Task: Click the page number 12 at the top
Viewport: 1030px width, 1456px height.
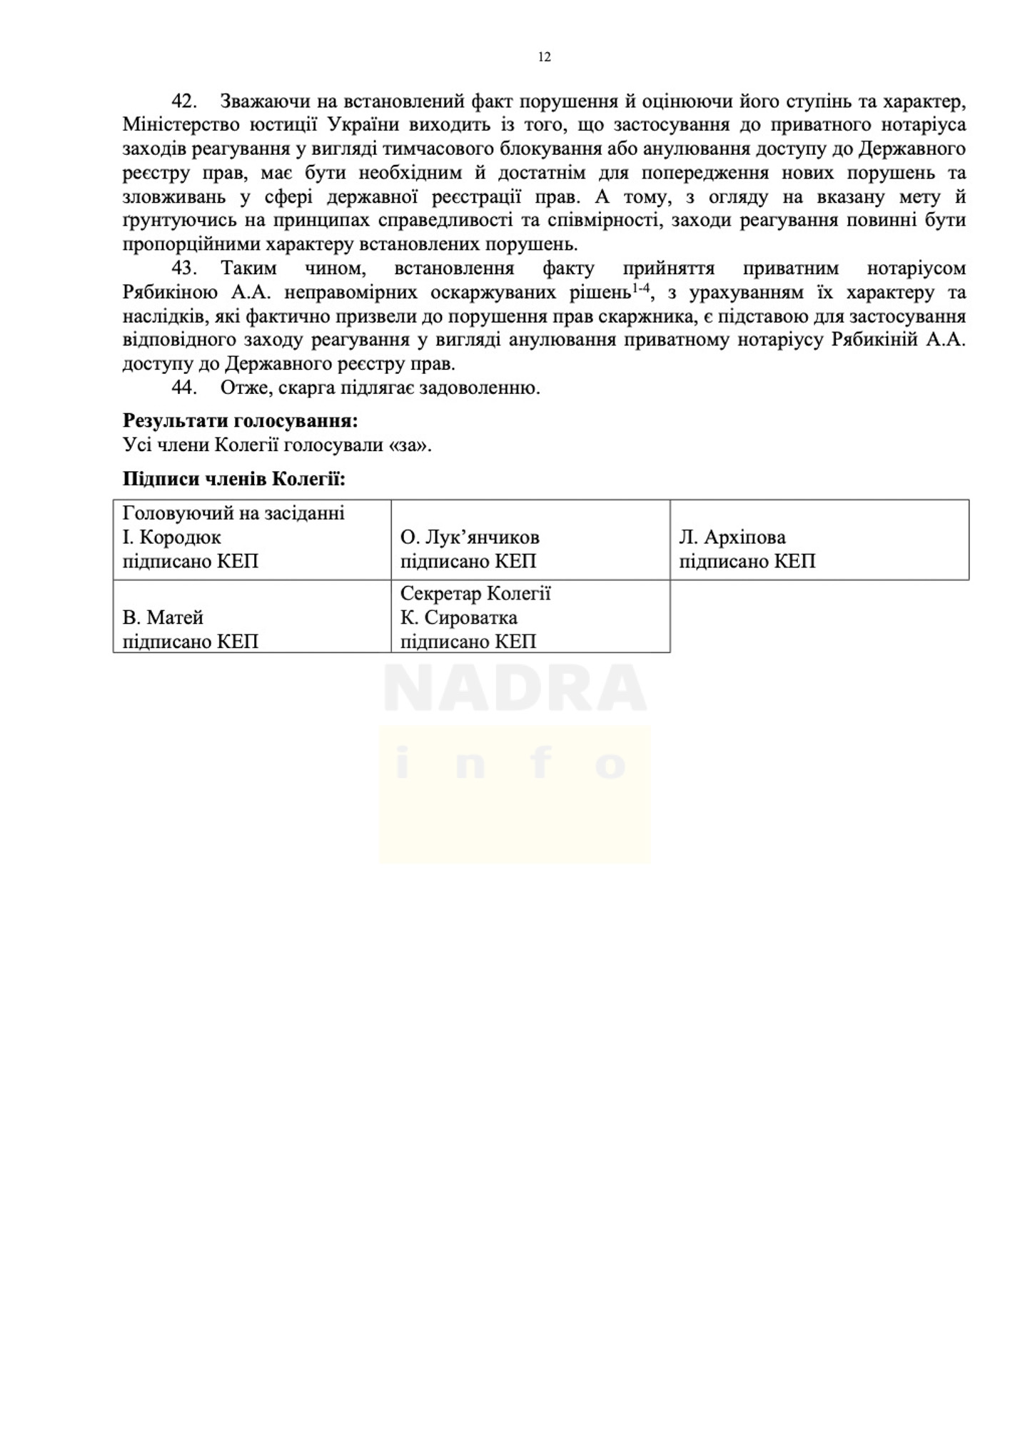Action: point(544,57)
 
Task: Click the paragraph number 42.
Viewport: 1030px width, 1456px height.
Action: point(183,101)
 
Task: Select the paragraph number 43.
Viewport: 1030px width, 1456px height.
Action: point(183,268)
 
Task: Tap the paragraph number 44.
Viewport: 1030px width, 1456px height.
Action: point(183,388)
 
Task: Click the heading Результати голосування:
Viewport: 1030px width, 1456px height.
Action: point(240,420)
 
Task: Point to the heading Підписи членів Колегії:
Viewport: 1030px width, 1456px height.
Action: point(233,478)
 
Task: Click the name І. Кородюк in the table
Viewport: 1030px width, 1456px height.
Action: point(171,537)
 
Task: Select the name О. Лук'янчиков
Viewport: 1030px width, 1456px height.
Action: point(470,537)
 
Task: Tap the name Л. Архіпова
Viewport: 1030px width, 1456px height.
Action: point(732,537)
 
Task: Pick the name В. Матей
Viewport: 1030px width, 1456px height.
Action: point(163,617)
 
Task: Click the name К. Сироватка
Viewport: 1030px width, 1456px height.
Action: point(458,617)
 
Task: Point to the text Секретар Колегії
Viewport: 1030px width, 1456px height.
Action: point(475,593)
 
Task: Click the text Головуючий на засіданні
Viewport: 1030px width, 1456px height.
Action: point(233,513)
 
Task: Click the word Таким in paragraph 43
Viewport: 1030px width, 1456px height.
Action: point(248,268)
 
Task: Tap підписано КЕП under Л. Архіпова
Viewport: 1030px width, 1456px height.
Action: point(747,561)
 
